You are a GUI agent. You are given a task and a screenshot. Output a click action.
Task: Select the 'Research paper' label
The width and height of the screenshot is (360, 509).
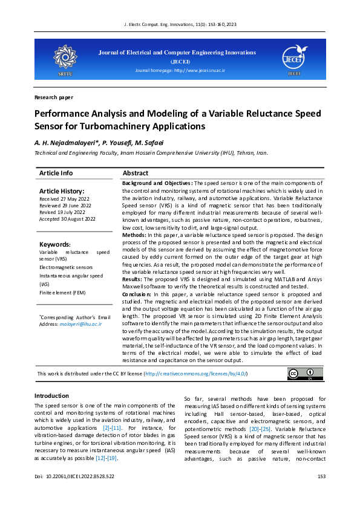click(54, 97)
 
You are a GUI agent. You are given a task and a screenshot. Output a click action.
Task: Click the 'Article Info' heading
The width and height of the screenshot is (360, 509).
click(56, 173)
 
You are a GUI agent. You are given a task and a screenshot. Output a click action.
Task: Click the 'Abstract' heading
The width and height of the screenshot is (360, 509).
click(136, 173)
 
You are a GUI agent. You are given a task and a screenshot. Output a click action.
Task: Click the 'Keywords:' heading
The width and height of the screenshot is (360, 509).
click(55, 244)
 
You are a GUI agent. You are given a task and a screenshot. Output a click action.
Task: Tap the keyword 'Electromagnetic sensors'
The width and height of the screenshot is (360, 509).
click(66, 267)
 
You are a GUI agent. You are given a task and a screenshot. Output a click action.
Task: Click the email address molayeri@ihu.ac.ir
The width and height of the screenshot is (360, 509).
click(80, 324)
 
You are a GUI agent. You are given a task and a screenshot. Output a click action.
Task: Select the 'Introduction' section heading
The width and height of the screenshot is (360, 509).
click(51, 395)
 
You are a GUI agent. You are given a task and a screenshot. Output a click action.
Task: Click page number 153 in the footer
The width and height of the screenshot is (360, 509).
click(321, 493)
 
